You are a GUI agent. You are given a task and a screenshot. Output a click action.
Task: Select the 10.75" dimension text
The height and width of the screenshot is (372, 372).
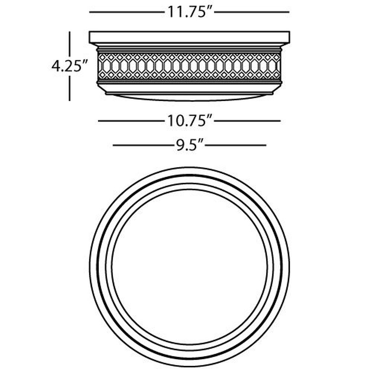190,121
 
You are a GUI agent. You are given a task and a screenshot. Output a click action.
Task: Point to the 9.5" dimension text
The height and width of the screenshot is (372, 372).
190,145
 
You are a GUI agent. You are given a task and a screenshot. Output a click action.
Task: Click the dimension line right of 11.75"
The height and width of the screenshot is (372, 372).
252,12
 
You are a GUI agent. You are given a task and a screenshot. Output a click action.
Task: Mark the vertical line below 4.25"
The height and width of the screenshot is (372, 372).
70,88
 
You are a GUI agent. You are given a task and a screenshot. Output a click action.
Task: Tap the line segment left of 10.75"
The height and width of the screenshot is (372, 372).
131,121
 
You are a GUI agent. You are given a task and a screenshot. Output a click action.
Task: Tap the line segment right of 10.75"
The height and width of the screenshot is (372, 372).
247,121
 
